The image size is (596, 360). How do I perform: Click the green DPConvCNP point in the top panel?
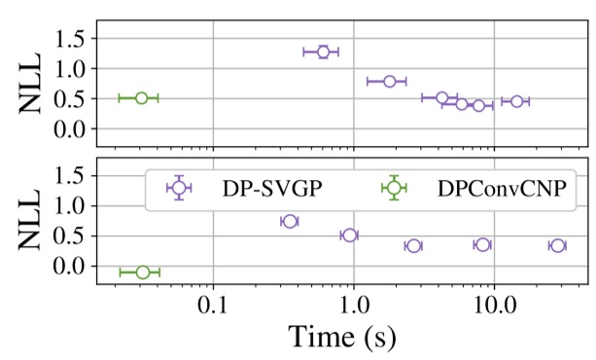coord(141,97)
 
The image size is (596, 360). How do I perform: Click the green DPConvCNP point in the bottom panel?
coord(142,272)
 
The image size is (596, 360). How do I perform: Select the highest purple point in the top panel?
coord(323,52)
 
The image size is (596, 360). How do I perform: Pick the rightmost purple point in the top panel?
coord(516,101)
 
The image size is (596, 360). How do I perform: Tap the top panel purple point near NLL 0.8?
coord(389,81)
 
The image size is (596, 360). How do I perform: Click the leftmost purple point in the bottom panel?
coord(288,222)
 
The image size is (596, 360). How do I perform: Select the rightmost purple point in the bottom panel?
coord(556,245)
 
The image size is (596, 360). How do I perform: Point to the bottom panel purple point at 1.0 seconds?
coord(350,235)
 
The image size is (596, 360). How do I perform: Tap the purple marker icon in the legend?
coord(178,188)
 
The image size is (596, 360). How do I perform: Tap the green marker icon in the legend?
coord(393,188)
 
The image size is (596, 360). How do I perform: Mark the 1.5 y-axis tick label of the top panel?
coord(73,39)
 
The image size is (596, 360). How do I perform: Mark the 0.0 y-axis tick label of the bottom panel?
coord(73,266)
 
